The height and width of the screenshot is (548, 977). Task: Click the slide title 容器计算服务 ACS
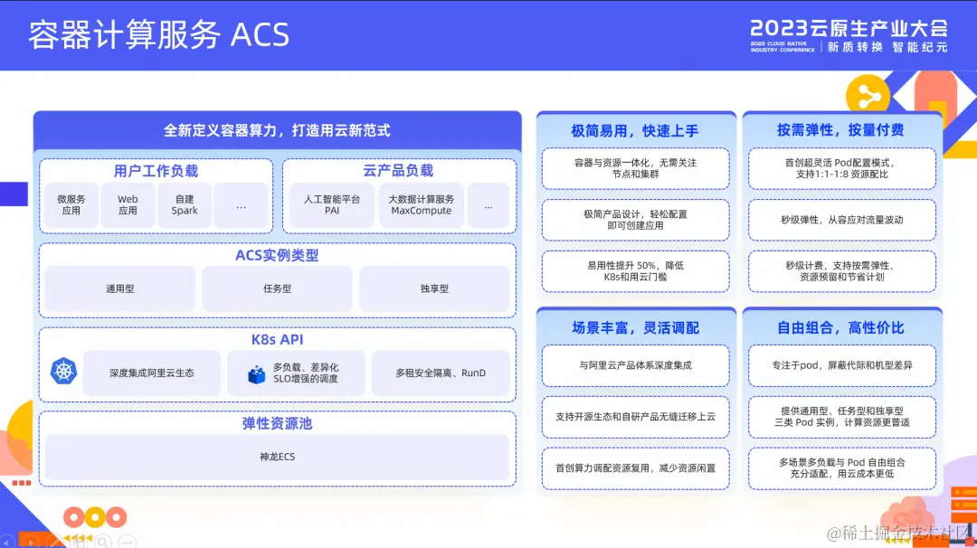(x=158, y=35)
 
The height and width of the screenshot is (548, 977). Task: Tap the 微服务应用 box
(x=71, y=205)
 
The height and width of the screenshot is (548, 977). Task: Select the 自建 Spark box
(x=185, y=205)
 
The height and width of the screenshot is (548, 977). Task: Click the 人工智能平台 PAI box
(x=332, y=205)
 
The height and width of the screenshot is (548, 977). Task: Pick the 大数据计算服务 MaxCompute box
(x=422, y=205)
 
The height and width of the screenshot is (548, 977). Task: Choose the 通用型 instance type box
(x=119, y=289)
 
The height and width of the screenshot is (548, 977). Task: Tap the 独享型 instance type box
(x=434, y=289)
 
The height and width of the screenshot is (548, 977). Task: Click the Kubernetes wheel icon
(x=64, y=371)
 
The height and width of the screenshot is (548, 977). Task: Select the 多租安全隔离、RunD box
(x=441, y=373)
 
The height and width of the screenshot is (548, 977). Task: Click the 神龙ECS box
(x=277, y=457)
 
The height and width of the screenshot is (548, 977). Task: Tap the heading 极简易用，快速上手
(x=634, y=130)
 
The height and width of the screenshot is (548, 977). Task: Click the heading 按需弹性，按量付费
(x=840, y=130)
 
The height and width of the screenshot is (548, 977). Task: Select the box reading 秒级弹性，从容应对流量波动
(x=842, y=220)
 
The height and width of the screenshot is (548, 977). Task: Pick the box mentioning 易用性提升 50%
(x=635, y=271)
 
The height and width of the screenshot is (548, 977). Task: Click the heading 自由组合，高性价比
(x=840, y=327)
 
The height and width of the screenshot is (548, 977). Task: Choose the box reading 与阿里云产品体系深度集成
(x=635, y=365)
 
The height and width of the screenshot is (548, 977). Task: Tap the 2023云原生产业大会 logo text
(x=849, y=27)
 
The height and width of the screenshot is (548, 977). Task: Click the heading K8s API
(x=277, y=340)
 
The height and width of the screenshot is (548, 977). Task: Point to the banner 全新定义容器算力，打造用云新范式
(x=277, y=130)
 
